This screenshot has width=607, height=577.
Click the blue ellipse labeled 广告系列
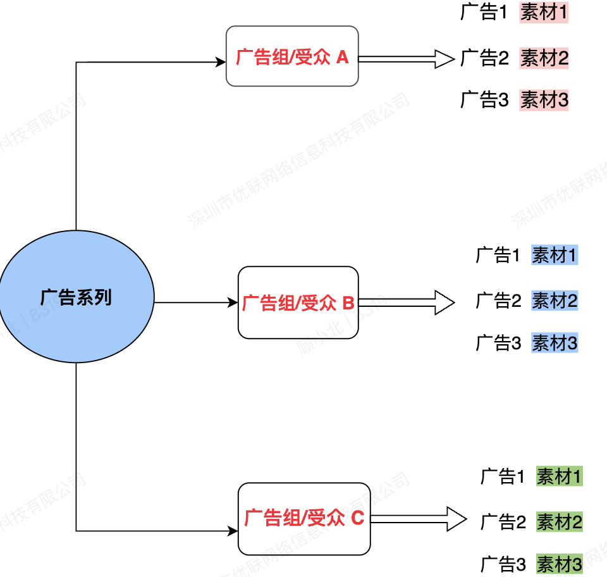[76, 297]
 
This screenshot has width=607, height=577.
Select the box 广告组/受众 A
[292, 56]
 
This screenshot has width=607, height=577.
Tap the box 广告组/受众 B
[298, 302]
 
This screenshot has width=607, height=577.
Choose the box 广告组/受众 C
[303, 519]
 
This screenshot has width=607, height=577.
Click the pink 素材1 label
[544, 13]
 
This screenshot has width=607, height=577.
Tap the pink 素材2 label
[544, 58]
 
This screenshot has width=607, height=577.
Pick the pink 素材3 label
[544, 99]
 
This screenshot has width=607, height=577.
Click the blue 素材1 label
[555, 255]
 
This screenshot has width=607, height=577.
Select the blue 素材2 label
[555, 301]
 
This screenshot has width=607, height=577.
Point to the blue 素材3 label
[555, 343]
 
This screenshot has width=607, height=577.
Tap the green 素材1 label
[559, 476]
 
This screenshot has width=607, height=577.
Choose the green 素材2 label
[559, 522]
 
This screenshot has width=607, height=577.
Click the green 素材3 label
[559, 563]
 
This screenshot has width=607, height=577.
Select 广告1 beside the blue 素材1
[498, 255]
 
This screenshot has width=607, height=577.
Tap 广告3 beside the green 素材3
[503, 563]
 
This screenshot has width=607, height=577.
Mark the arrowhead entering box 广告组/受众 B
[233, 302]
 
